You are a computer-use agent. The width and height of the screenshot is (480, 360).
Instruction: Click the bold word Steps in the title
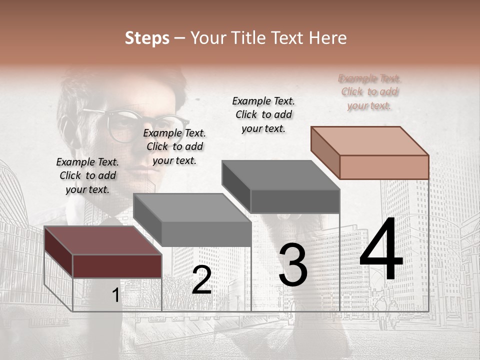pyautogui.click(x=147, y=38)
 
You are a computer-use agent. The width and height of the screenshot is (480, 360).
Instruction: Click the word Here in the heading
pyautogui.click(x=328, y=38)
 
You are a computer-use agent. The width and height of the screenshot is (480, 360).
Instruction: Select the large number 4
pyautogui.click(x=381, y=249)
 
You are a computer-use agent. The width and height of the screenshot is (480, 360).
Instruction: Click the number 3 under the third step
pyautogui.click(x=292, y=265)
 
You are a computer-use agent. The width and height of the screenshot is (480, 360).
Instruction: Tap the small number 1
pyautogui.click(x=115, y=295)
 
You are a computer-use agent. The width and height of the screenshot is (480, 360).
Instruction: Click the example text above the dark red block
pyautogui.click(x=87, y=175)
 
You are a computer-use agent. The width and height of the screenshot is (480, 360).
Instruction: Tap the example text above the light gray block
pyautogui.click(x=174, y=146)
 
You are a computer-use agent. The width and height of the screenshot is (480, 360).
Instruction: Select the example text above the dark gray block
pyautogui.click(x=263, y=114)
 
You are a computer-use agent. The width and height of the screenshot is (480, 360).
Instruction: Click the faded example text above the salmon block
pyautogui.click(x=369, y=92)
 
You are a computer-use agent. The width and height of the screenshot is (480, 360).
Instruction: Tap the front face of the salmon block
pyautogui.click(x=384, y=167)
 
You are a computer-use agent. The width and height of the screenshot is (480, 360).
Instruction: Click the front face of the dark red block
pyautogui.click(x=117, y=266)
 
